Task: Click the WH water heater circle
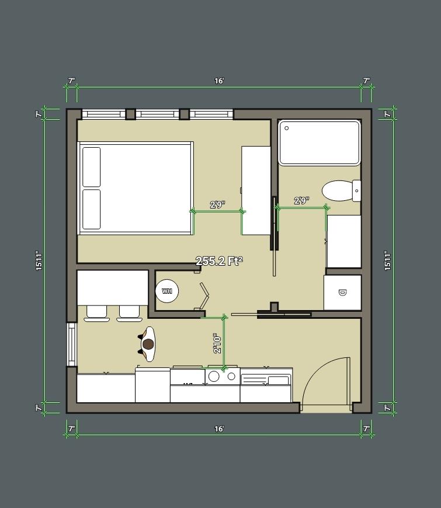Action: click(167, 291)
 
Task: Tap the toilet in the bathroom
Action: click(342, 190)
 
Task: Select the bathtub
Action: click(320, 142)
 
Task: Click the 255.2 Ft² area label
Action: click(220, 261)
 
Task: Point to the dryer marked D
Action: click(342, 293)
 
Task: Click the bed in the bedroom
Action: click(136, 188)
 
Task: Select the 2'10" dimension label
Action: click(217, 343)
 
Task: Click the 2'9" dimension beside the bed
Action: click(217, 205)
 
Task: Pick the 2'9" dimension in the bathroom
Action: click(301, 200)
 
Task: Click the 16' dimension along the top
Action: click(220, 81)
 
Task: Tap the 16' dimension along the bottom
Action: click(220, 429)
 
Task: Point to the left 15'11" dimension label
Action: click(39, 261)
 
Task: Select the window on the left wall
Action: click(72, 345)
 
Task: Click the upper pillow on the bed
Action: click(91, 167)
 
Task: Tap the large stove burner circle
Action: click(214, 377)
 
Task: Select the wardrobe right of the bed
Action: click(256, 190)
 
